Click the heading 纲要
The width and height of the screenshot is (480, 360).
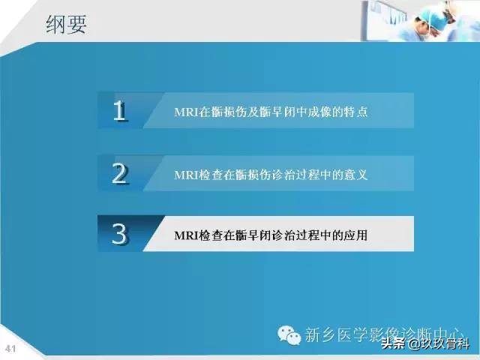(x=65, y=25)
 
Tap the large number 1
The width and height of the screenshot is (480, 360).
(x=119, y=111)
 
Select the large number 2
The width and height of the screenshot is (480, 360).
(x=119, y=173)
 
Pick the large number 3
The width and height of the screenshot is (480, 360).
(x=119, y=234)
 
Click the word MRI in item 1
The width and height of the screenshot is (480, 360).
(x=185, y=112)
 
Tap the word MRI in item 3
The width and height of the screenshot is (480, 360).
(x=185, y=235)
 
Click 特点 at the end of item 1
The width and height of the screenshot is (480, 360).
(x=355, y=112)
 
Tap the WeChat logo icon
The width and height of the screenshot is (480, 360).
(x=289, y=334)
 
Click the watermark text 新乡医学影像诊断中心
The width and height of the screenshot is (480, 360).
(x=382, y=334)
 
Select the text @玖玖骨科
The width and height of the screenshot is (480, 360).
(x=439, y=345)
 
